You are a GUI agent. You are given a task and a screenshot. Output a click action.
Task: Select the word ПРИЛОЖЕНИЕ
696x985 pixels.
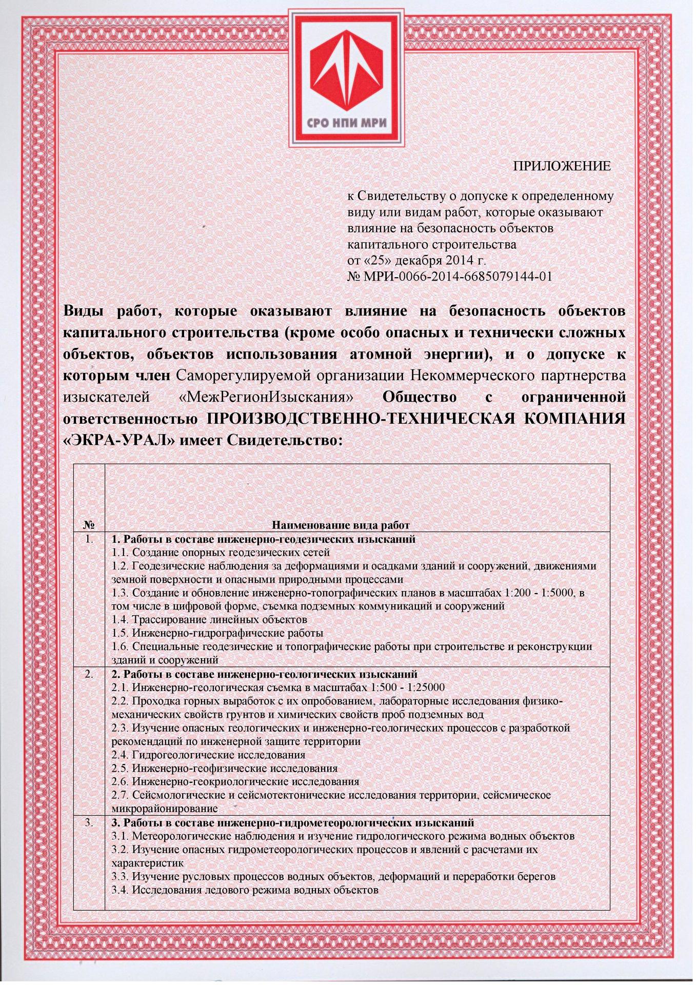562,166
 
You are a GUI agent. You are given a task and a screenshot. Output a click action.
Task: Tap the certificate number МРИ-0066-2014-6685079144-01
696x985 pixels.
457,277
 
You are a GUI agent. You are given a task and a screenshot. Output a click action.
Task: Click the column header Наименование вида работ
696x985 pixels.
341,525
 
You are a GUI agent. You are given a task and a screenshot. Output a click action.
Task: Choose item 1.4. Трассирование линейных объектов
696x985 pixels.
209,619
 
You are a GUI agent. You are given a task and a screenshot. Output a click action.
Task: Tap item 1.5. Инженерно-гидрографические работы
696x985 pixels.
217,633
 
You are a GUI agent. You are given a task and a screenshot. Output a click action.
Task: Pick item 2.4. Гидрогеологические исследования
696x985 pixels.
208,755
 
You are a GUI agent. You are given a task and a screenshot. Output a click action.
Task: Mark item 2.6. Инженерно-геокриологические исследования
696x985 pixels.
235,781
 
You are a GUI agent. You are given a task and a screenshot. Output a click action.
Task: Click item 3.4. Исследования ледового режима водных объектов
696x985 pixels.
245,890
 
